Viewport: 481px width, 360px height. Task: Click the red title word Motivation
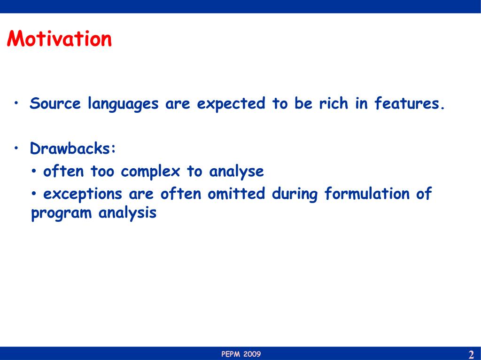(x=59, y=39)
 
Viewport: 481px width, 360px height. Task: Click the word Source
(x=55, y=103)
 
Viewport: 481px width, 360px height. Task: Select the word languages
(x=124, y=104)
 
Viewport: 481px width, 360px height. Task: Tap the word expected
(x=231, y=104)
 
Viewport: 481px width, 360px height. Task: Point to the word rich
(x=334, y=103)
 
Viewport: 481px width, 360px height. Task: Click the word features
(x=410, y=103)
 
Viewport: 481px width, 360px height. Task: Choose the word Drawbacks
(x=73, y=148)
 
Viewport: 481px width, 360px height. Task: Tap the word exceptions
(x=83, y=195)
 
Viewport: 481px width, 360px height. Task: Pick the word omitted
(x=236, y=194)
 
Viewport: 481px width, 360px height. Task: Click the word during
(x=295, y=195)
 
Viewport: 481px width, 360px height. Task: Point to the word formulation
(x=367, y=194)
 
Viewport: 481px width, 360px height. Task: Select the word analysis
(x=127, y=213)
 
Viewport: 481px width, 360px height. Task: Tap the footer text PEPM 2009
(x=241, y=354)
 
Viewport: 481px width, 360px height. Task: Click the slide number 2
(x=471, y=354)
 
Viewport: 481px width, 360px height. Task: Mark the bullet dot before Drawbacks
(x=16, y=148)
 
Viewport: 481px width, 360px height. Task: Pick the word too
(x=102, y=171)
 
